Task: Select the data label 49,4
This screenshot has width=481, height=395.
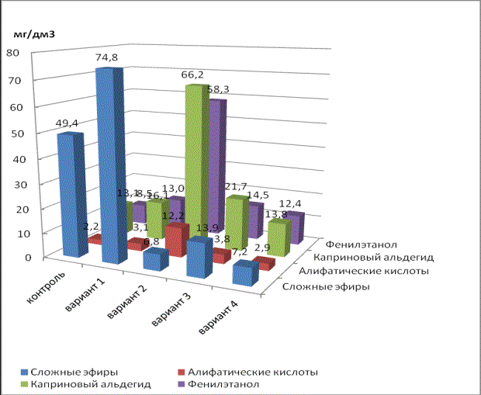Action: click(65, 122)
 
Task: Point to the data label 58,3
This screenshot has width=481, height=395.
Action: click(223, 90)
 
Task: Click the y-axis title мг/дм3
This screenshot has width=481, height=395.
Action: click(35, 35)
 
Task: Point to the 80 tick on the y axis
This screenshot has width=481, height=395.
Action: click(13, 54)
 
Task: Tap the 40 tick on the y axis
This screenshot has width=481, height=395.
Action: click(13, 159)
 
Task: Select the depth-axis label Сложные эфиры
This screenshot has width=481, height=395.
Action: click(325, 287)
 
